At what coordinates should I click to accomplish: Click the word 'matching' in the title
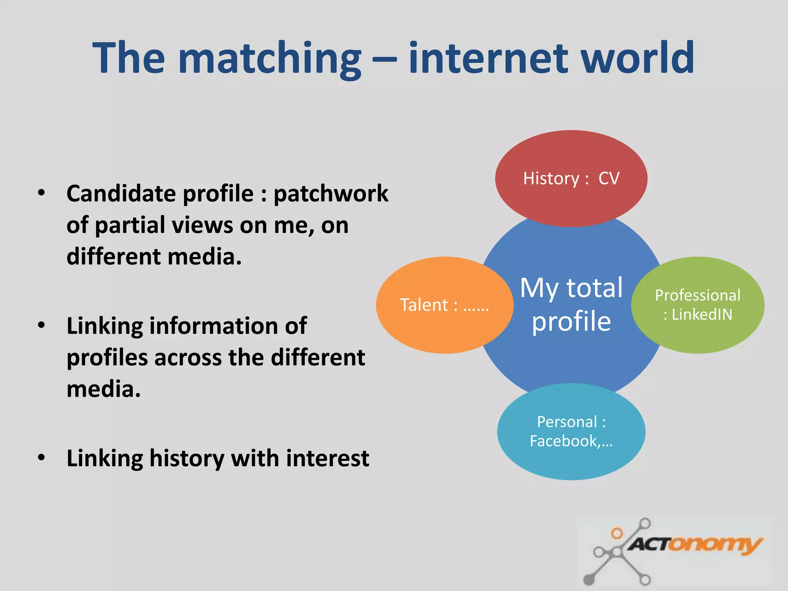[x=270, y=58]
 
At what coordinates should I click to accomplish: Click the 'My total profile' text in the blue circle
[x=571, y=304]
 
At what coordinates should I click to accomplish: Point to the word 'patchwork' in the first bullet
[x=331, y=194]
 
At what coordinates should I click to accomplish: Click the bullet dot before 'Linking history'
[x=42, y=458]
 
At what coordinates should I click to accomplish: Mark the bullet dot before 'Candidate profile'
[x=42, y=192]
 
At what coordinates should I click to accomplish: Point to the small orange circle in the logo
[x=617, y=533]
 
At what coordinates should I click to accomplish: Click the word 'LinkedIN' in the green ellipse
[x=702, y=314]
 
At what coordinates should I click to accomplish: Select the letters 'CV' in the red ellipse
[x=609, y=179]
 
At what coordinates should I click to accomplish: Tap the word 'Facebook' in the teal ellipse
[x=563, y=441]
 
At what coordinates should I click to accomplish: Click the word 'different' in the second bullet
[x=318, y=358]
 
